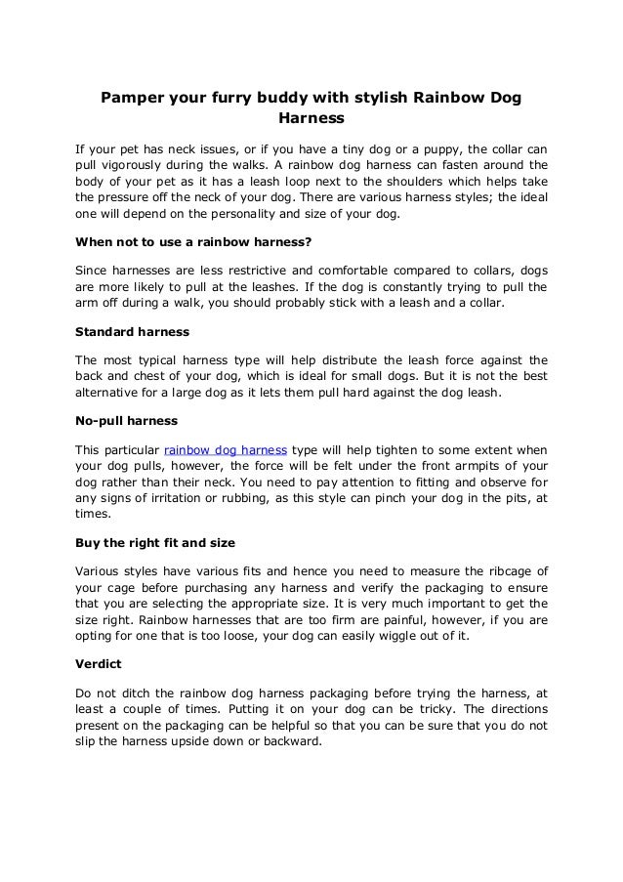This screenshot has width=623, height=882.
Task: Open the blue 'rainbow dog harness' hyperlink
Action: coord(225,449)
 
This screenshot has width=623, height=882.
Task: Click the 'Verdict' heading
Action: coord(101,663)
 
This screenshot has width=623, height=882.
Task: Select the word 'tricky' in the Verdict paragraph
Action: coord(407,709)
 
